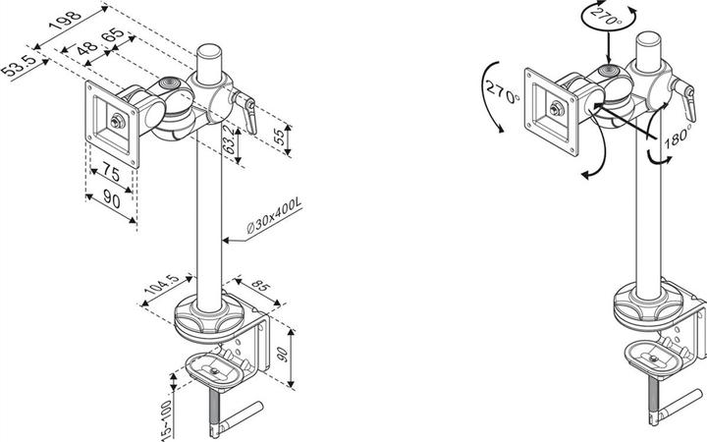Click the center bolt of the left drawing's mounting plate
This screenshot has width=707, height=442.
click(118, 122)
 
